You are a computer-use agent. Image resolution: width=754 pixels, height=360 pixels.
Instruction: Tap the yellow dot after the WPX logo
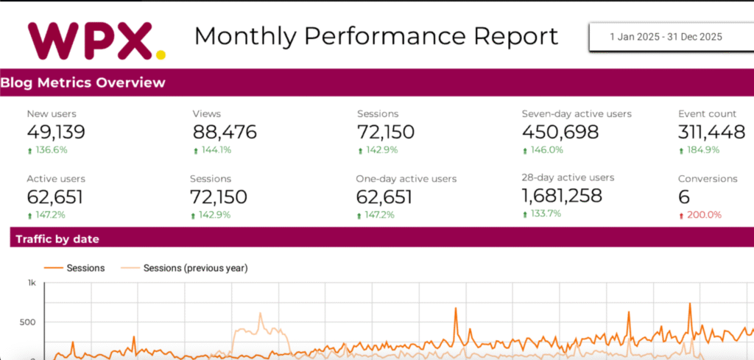point(161,53)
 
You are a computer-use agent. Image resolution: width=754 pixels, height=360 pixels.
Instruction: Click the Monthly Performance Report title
point(376,36)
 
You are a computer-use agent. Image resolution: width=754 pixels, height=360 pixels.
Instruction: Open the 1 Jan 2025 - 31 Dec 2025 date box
point(666,36)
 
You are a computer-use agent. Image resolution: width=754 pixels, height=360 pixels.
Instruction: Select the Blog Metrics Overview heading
point(82,82)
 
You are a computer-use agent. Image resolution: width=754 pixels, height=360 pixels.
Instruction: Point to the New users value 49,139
point(56,132)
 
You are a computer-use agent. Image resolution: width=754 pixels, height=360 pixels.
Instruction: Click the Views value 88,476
point(225,132)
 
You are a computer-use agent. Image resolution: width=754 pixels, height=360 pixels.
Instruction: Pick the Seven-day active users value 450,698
point(560,132)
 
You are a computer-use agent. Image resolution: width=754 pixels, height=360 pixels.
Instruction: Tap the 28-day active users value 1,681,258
point(562,196)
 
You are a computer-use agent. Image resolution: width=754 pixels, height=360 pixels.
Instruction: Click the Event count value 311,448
point(711,132)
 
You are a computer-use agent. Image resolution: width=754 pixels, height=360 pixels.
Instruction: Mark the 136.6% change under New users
point(51,150)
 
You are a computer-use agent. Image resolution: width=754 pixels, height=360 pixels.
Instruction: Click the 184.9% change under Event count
point(702,150)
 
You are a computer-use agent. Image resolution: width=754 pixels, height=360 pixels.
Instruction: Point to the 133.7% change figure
point(545,213)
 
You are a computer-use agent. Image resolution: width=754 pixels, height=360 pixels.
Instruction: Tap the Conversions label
point(708,179)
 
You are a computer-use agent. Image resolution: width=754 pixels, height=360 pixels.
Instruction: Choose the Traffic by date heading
point(57,239)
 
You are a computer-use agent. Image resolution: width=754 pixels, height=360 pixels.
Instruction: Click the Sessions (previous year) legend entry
point(195,268)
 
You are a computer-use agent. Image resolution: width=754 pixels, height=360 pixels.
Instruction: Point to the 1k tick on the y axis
point(32,283)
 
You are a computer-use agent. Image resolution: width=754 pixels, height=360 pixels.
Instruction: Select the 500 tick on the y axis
point(29,322)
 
